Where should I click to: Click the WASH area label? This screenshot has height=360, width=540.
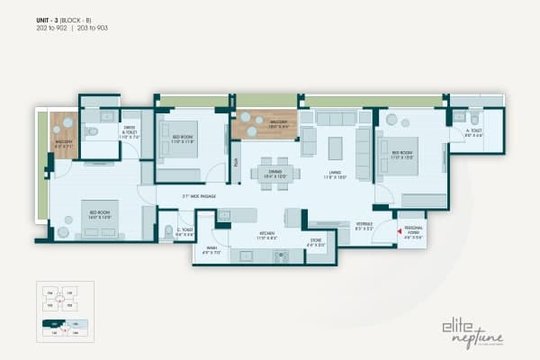(210, 251)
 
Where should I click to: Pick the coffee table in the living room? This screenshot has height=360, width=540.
(337, 148)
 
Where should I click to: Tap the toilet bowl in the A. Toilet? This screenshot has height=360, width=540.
(473, 119)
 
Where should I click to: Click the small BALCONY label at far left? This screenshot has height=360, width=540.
(62, 143)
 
